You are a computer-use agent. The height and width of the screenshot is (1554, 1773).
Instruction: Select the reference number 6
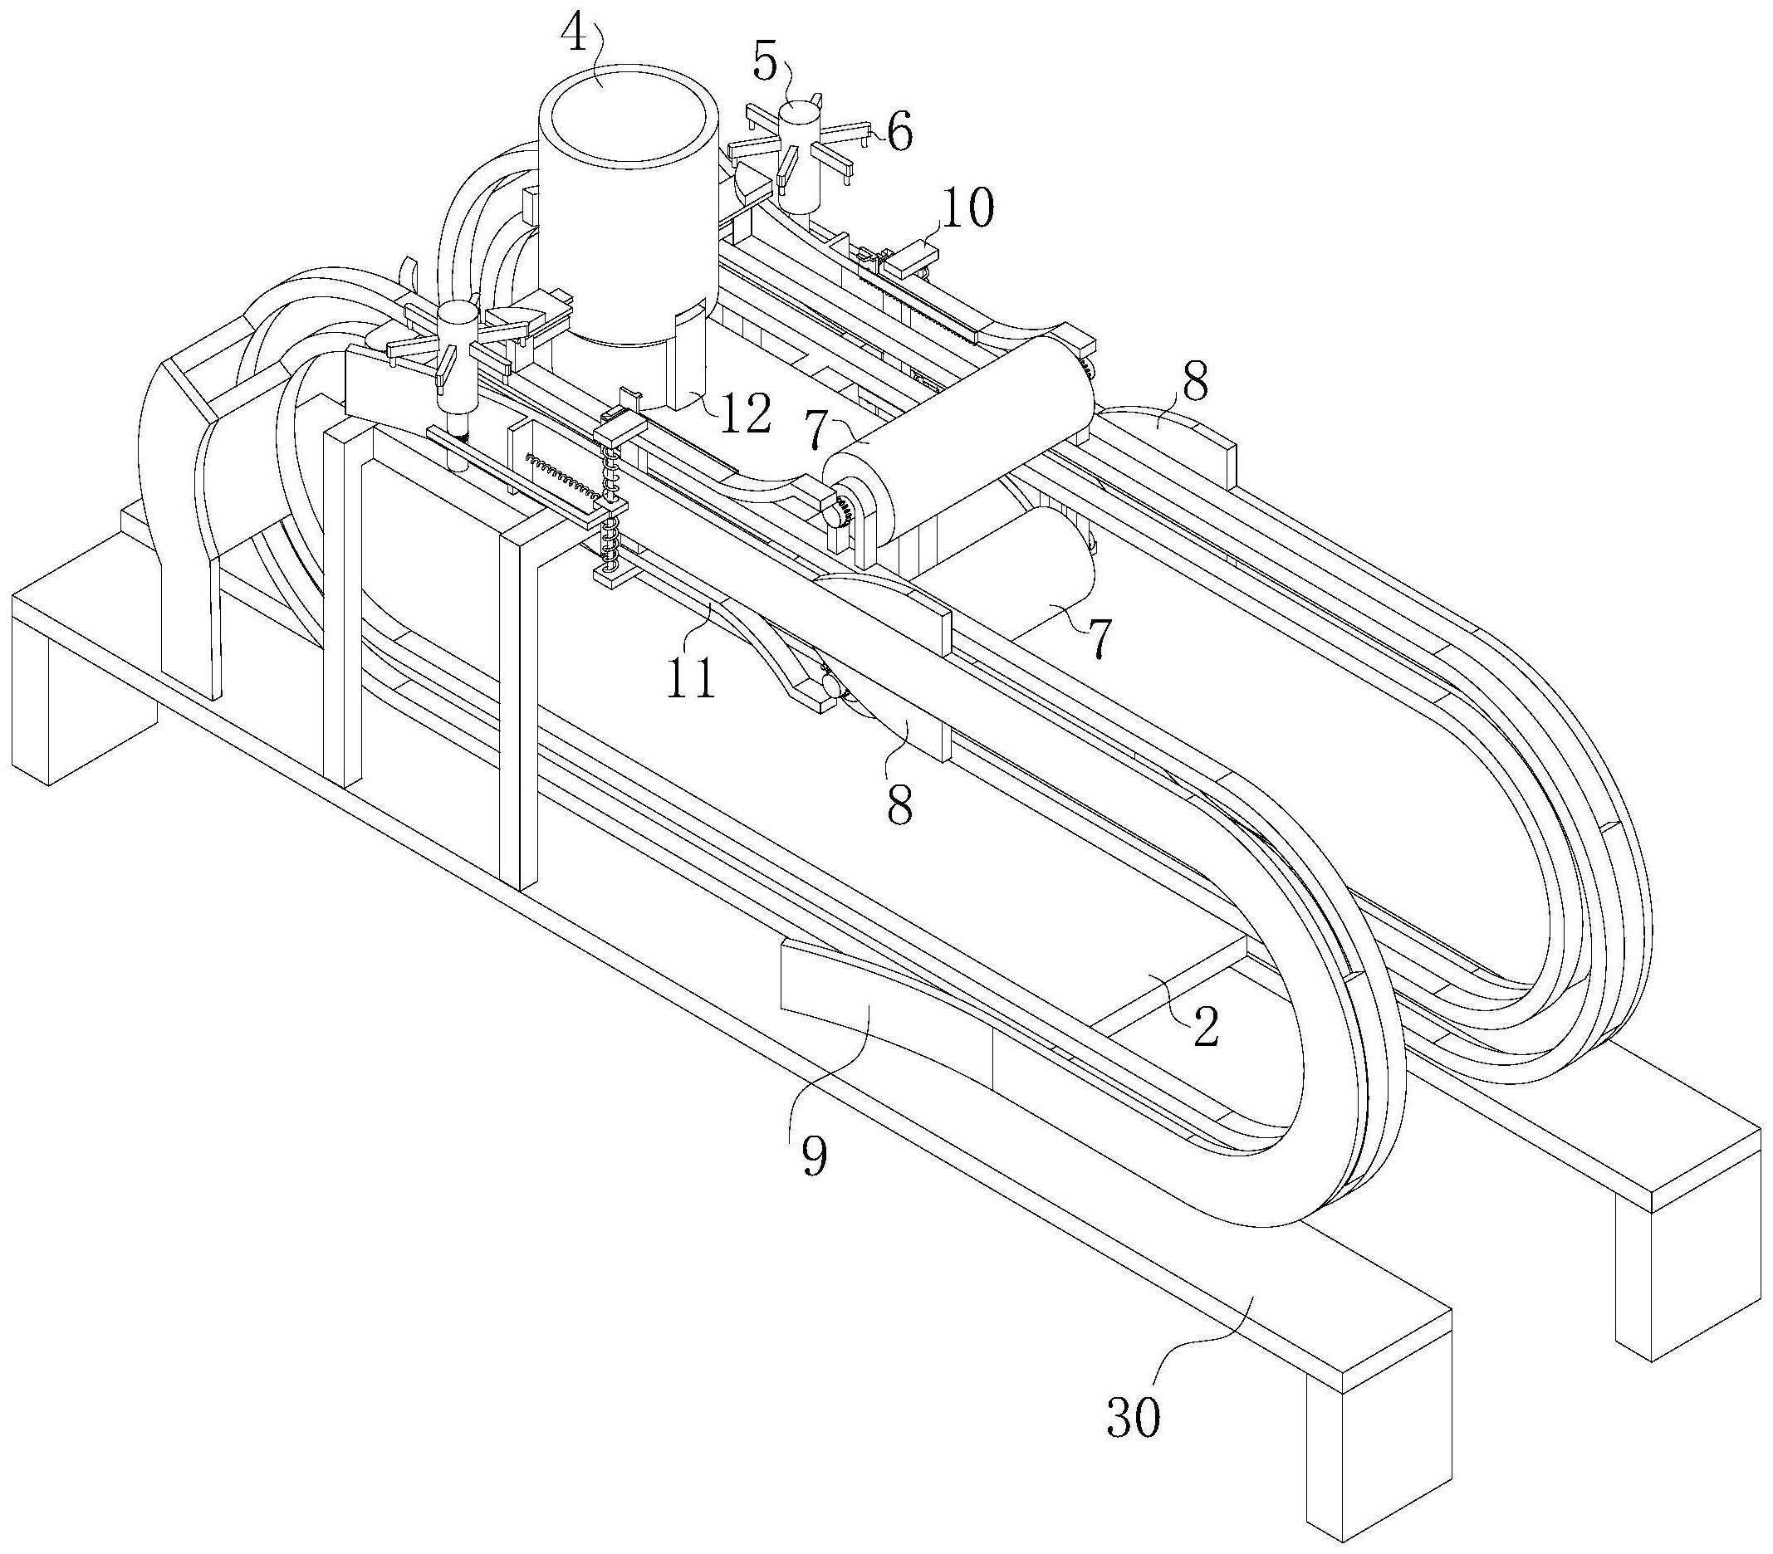(899, 134)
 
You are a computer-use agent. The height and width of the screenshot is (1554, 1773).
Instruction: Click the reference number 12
(744, 413)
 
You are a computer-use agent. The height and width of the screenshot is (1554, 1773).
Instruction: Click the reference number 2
(1206, 1029)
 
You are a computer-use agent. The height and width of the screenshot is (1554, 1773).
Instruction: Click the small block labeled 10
(909, 257)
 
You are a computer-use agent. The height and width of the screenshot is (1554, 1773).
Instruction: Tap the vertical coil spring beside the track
(610, 507)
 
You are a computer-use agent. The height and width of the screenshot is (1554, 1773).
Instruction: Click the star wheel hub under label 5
(799, 155)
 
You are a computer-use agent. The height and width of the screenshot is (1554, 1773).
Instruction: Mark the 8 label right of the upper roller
(1194, 383)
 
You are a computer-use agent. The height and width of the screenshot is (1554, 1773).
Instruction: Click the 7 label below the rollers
(1097, 640)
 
